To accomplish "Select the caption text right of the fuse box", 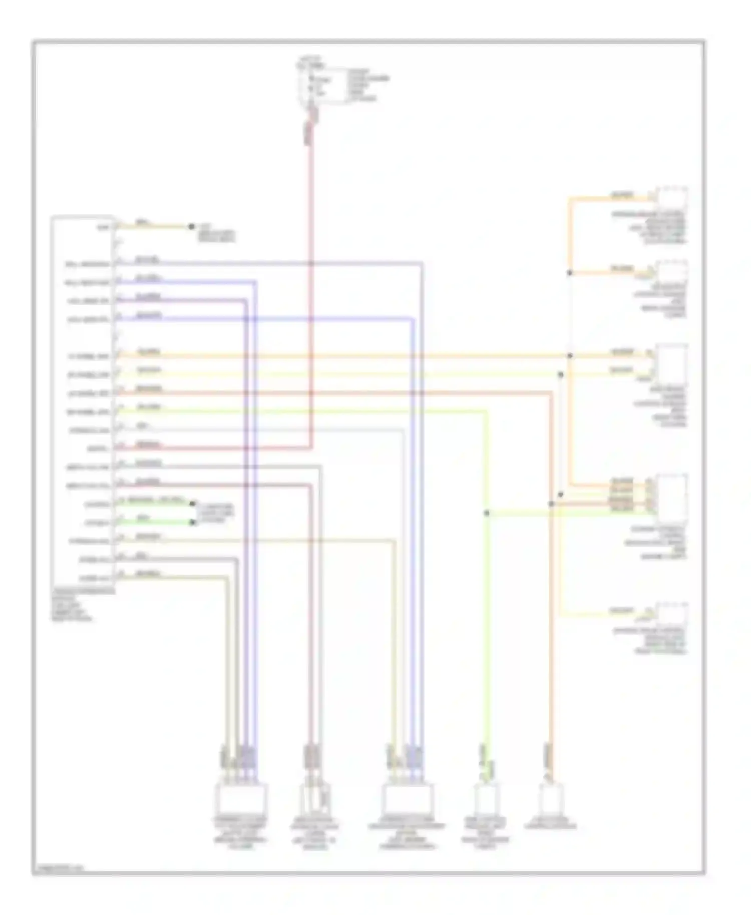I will coord(368,85).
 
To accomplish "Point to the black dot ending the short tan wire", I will coord(191,227).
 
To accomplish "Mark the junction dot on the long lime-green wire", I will coord(486,513).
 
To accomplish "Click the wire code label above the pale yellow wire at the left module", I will coord(149,370).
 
